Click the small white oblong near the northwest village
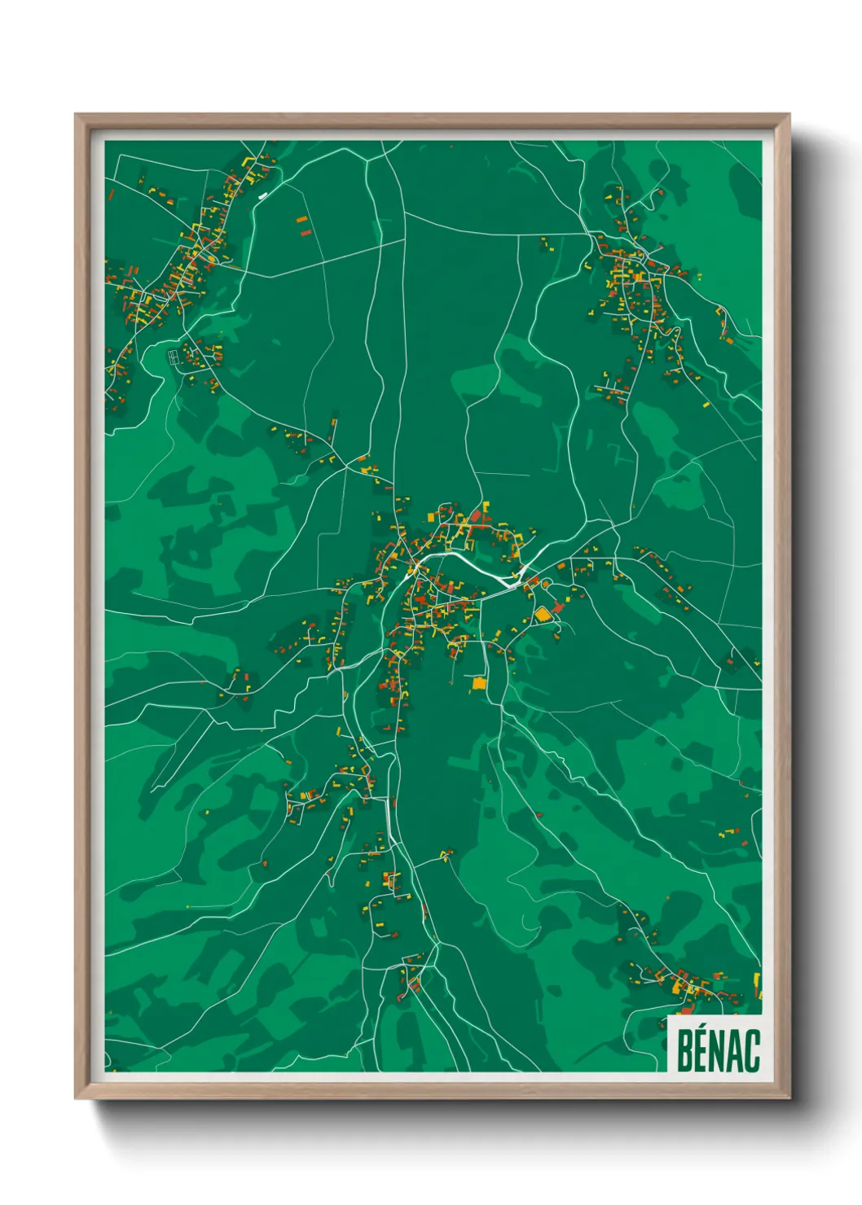tap(262, 195)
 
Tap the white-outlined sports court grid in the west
tap(174, 356)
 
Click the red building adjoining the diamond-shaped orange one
tap(558, 607)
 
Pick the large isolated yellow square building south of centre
tap(479, 683)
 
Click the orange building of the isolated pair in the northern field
tap(302, 220)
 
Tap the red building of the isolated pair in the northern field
tap(306, 232)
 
